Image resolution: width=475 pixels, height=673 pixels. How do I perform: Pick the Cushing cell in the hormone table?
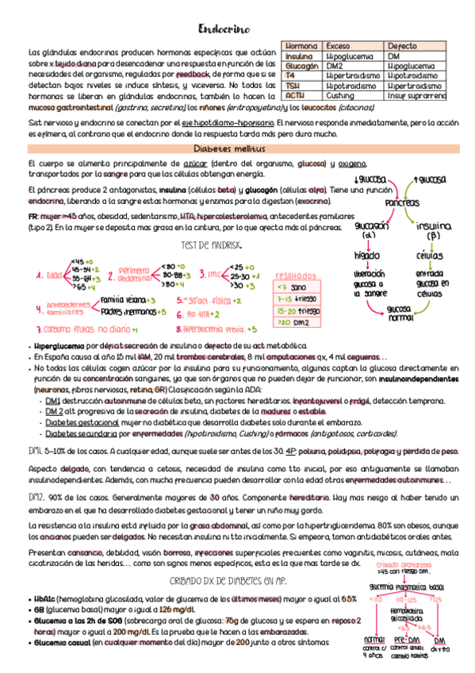pyautogui.click(x=339, y=94)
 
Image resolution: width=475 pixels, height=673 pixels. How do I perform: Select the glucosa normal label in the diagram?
pyautogui.click(x=400, y=313)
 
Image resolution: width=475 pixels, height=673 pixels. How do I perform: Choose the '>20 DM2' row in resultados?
pyautogui.click(x=295, y=322)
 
